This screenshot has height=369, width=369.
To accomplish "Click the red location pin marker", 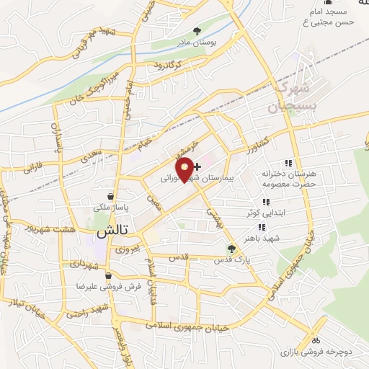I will (186, 169).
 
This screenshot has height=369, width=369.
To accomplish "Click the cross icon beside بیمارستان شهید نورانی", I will (198, 166).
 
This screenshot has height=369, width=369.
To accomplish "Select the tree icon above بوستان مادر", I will (197, 30).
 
